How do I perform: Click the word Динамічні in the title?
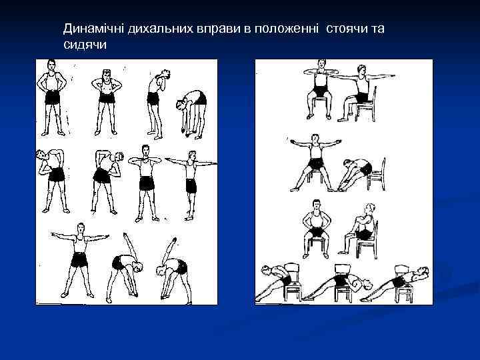pyautogui.click(x=94, y=29)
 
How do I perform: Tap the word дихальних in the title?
pyautogui.click(x=161, y=29)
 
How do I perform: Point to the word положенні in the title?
pyautogui.click(x=285, y=29)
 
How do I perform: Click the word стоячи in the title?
pyautogui.click(x=347, y=29)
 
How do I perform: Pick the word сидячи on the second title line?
pyautogui.click(x=85, y=45)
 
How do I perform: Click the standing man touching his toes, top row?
pyautogui.click(x=191, y=114)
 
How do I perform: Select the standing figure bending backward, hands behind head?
pyautogui.click(x=157, y=104)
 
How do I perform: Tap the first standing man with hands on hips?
pyautogui.click(x=52, y=97)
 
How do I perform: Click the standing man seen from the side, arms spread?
pyautogui.click(x=191, y=185)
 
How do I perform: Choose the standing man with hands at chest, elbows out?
pyautogui.click(x=145, y=183)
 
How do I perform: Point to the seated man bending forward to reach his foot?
pyautogui.click(x=355, y=175)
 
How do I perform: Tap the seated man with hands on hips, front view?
pyautogui.click(x=316, y=229)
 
